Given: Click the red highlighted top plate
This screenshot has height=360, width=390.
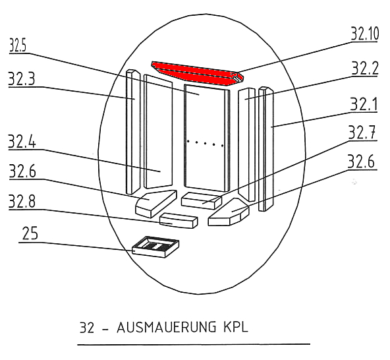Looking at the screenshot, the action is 198,73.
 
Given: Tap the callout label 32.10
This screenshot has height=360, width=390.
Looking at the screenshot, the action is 365,34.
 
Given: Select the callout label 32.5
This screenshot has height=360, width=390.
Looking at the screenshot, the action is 17,45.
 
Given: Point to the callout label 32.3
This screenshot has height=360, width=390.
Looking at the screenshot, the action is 21,79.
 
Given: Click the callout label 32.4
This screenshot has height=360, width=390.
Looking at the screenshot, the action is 22,141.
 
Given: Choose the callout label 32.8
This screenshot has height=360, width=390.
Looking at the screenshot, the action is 22,201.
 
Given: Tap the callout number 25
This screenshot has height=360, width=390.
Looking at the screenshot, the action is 30,233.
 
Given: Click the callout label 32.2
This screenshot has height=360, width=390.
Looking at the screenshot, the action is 365,68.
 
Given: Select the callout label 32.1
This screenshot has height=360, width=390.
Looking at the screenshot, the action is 364,104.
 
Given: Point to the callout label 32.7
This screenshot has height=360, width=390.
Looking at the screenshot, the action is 362,133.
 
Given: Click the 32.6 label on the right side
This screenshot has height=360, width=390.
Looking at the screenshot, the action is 361,162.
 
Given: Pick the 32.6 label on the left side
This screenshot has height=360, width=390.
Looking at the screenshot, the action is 22,171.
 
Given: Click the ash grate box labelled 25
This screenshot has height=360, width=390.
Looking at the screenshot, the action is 155,247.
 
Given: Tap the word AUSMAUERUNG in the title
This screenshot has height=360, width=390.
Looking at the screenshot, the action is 167,327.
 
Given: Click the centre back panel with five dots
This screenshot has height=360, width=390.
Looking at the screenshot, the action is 207,138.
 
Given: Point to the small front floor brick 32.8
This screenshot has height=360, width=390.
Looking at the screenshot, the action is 179,221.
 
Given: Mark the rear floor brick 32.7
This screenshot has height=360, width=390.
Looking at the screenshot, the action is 202,200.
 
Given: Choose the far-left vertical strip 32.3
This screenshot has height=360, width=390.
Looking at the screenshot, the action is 133,132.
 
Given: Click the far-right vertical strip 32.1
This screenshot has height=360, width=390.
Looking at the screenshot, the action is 266,149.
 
